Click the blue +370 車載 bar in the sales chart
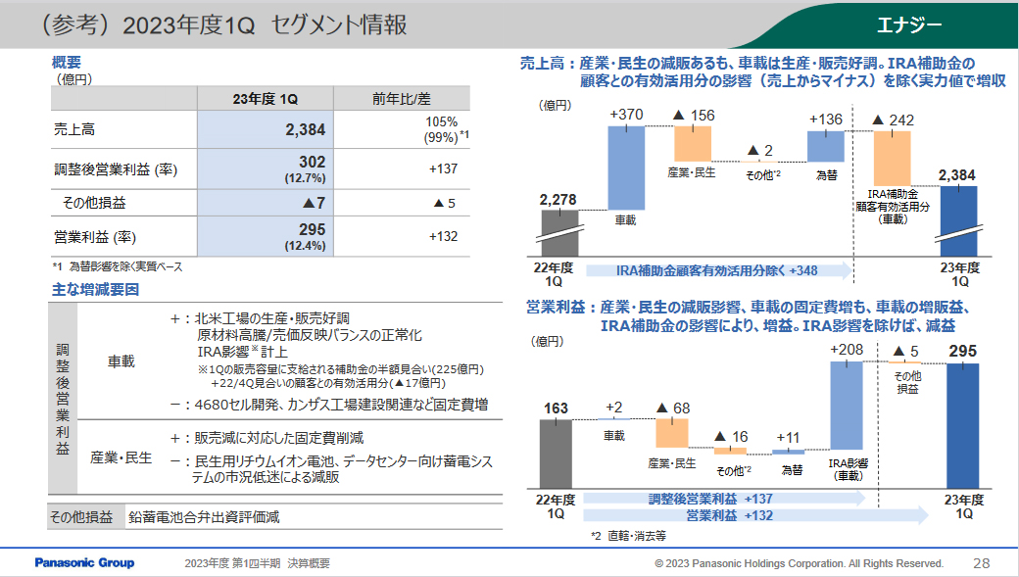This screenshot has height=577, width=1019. coord(626,168)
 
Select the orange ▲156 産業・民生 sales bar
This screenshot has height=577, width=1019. coord(693,144)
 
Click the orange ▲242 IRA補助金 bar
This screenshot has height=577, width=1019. coord(892,158)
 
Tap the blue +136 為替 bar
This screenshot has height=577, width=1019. coord(825,145)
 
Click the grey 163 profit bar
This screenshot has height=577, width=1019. coord(556,453)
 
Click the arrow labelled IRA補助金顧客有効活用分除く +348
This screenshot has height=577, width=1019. coord(718,270)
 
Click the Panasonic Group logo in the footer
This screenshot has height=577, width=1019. coord(84,563)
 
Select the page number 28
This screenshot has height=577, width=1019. coord(981,563)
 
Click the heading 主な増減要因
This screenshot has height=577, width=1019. coord(95,290)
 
